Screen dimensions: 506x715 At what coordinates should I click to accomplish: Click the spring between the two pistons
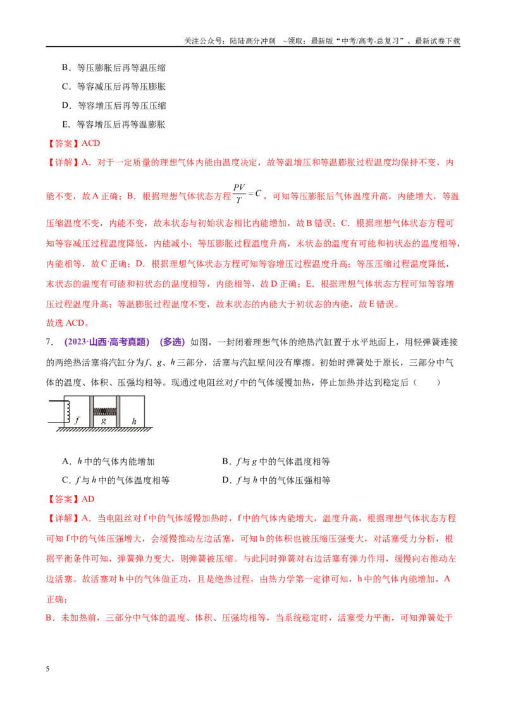104,411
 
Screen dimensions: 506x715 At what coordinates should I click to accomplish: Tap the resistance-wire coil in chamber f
68,412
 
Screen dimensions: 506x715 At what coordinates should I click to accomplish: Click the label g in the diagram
104,421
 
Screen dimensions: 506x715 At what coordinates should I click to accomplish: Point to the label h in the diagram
134,421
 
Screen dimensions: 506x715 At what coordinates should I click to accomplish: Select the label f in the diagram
77,420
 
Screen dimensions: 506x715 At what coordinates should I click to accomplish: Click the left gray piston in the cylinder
91,412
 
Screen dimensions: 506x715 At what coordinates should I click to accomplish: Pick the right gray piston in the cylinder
118,412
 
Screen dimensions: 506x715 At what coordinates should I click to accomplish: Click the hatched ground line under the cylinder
104,430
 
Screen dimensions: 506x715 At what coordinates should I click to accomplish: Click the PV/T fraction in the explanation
239,193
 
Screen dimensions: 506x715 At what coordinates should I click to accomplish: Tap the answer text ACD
91,143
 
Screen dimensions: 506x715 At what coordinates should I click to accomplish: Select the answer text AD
88,499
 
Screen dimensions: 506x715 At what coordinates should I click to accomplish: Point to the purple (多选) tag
172,342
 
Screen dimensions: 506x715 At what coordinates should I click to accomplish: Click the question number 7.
49,342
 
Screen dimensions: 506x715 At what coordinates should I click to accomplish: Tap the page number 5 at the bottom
47,669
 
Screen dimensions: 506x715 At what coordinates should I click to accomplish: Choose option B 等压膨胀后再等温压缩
114,68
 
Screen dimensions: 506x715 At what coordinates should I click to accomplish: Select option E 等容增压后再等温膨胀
114,124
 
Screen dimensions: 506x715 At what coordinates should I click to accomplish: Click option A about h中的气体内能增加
108,462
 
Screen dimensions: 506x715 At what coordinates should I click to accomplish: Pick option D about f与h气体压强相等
276,480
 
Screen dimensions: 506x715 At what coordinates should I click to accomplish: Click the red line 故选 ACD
68,323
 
